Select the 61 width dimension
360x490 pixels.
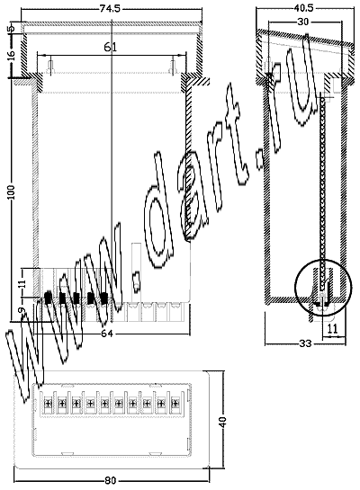(x=110, y=47)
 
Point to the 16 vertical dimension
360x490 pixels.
(x=12, y=54)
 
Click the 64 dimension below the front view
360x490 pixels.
(x=107, y=334)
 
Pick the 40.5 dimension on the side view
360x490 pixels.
(x=303, y=8)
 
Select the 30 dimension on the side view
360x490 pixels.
(x=302, y=22)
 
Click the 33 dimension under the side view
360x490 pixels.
(x=306, y=343)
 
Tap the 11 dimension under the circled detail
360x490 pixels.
(x=333, y=328)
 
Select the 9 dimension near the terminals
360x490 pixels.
(x=21, y=310)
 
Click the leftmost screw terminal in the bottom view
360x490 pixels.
(x=48, y=403)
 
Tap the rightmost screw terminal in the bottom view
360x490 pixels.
(x=175, y=403)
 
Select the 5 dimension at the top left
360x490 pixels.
(x=12, y=29)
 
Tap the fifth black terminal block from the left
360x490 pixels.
(x=103, y=298)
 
